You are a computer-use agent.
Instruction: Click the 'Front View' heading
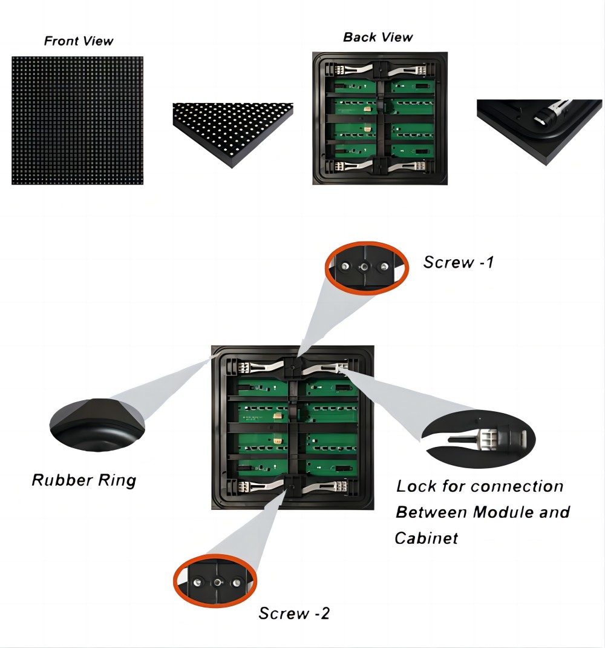(x=79, y=41)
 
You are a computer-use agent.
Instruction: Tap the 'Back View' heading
(x=378, y=37)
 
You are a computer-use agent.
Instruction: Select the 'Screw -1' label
(x=458, y=262)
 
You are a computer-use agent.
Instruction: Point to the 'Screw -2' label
(x=294, y=613)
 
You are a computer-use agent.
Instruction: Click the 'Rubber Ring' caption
(x=83, y=480)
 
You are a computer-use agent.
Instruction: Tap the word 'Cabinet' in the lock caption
(x=426, y=537)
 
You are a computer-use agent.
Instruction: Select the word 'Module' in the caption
(x=504, y=512)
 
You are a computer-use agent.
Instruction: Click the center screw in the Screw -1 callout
(x=364, y=267)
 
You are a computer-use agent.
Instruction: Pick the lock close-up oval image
(x=478, y=438)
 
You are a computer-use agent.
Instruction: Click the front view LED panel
(x=77, y=121)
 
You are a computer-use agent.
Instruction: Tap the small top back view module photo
(x=380, y=118)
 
